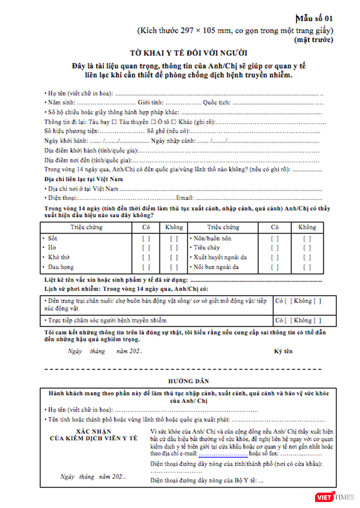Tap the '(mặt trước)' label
point(314,39)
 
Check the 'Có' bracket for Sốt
point(146,238)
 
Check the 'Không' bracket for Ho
point(174,248)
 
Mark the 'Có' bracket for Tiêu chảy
point(275,248)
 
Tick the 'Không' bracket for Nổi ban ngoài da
point(307,267)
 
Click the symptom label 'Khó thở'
point(58,257)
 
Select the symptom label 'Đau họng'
point(61,267)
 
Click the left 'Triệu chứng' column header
point(86,228)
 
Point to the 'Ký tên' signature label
point(283,351)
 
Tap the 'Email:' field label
point(185,198)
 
